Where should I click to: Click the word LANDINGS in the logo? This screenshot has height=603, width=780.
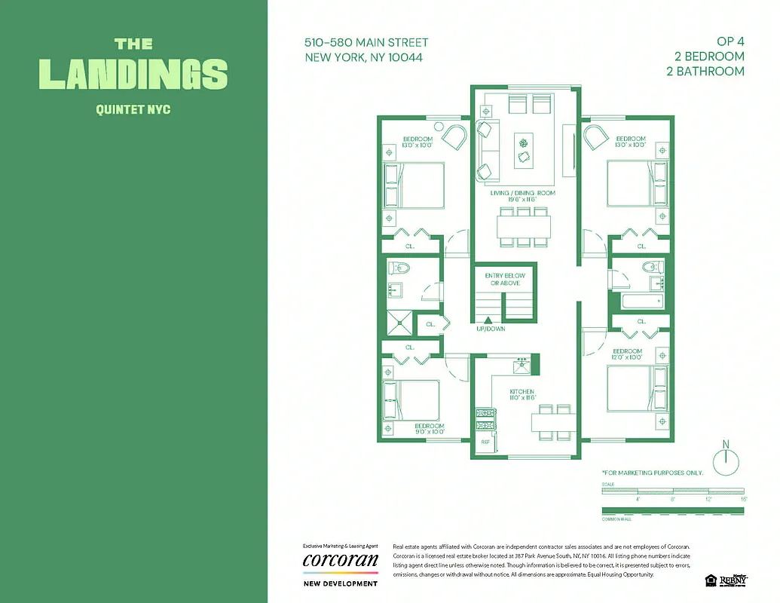[x=133, y=74]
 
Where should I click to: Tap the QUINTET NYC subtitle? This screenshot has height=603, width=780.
[x=133, y=109]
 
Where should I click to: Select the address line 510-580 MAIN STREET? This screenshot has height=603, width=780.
[x=366, y=43]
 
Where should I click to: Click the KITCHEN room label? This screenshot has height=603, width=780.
[x=522, y=392]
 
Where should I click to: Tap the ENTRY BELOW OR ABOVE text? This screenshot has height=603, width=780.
[x=504, y=280]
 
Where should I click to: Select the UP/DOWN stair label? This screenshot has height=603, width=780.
[x=491, y=329]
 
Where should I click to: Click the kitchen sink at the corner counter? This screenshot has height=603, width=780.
[x=521, y=366]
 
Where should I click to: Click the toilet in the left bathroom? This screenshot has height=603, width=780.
[x=398, y=268]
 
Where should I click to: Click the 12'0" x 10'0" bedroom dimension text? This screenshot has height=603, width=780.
[x=626, y=358]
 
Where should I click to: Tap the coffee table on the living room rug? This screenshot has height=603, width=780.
[x=524, y=149]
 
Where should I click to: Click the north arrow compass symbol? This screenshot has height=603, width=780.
[x=726, y=460]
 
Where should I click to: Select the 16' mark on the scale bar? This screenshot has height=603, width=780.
[x=742, y=499]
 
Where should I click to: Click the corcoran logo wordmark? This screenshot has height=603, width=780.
[x=340, y=561]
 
